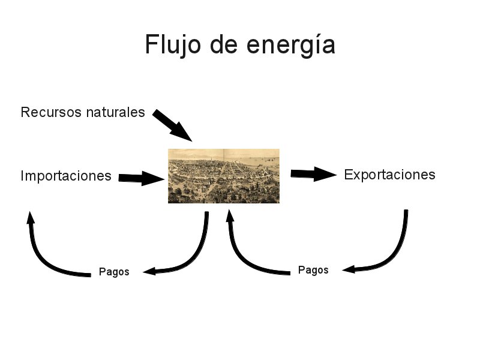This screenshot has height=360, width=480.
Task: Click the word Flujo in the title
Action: tap(170, 46)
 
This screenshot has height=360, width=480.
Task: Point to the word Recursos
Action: tap(49, 112)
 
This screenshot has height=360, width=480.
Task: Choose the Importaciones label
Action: tap(66, 176)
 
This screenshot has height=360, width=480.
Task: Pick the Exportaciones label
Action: tap(389, 175)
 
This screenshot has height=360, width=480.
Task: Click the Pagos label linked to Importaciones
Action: tap(114, 272)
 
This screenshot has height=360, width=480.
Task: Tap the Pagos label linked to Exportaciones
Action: tap(313, 270)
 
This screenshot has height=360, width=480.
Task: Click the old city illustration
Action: tap(223, 176)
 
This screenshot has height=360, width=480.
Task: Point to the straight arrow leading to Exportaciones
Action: tap(312, 174)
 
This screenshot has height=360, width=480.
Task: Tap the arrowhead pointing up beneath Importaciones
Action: tap(30, 217)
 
